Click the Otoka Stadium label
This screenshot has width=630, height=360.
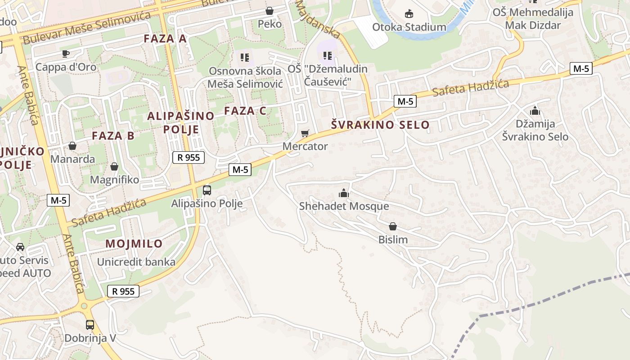(409, 27)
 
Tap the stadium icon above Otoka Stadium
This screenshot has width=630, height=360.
(409, 14)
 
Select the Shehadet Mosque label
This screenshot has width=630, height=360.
(344, 206)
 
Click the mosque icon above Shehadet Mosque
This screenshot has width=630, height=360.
(344, 193)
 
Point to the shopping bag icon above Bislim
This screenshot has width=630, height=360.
(393, 226)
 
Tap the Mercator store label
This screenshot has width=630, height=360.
(305, 146)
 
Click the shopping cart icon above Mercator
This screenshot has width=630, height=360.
(305, 133)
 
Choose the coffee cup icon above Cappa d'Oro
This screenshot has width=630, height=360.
(66, 54)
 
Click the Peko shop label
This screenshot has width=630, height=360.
(270, 24)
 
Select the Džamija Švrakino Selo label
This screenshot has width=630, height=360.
(535, 130)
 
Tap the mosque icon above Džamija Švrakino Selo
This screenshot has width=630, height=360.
(535, 110)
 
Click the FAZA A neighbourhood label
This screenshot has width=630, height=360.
(165, 39)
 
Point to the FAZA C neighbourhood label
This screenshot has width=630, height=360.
(245, 111)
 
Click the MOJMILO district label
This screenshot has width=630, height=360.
(134, 244)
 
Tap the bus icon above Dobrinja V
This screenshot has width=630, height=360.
(90, 325)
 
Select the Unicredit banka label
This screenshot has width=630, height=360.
(136, 262)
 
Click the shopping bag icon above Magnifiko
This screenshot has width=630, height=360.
(114, 166)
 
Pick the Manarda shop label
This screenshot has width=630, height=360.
(73, 159)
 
